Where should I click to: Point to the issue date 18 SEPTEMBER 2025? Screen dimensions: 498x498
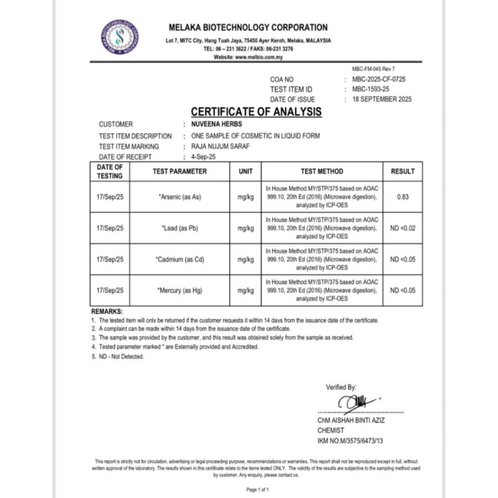click(x=382, y=99)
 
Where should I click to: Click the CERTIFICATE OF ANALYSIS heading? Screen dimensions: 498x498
click(x=256, y=112)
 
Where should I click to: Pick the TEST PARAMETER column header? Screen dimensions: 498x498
click(x=179, y=171)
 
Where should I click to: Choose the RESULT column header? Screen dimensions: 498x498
click(x=403, y=171)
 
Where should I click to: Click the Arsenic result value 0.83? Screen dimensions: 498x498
click(x=403, y=197)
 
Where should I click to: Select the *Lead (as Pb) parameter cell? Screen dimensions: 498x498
click(x=179, y=228)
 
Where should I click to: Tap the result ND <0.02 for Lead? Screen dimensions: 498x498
click(x=403, y=228)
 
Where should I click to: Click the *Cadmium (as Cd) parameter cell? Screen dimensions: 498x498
click(x=179, y=260)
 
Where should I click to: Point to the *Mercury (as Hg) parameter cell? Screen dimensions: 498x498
click(x=179, y=291)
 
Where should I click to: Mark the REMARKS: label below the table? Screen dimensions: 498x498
click(x=107, y=311)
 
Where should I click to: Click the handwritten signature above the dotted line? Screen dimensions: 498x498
click(x=354, y=402)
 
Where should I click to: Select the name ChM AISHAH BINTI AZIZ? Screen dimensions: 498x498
click(x=351, y=420)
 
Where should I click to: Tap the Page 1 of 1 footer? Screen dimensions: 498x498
click(x=258, y=490)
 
